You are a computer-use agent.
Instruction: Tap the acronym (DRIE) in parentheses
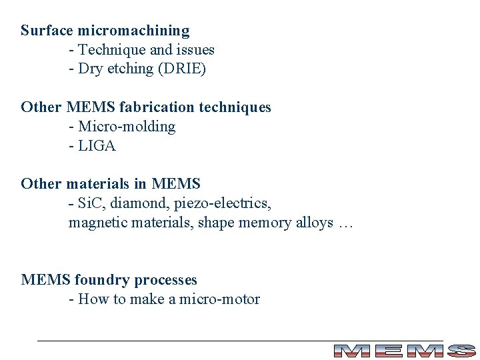(x=181, y=69)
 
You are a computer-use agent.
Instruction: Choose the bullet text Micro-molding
(x=127, y=127)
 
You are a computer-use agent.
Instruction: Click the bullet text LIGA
(x=97, y=146)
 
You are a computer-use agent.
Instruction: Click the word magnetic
(x=96, y=223)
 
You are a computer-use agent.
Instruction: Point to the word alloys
(x=313, y=223)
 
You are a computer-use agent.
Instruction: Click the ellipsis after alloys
(x=345, y=224)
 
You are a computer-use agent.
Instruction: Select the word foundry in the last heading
(x=101, y=280)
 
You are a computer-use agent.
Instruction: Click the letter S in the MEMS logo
(x=461, y=351)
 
